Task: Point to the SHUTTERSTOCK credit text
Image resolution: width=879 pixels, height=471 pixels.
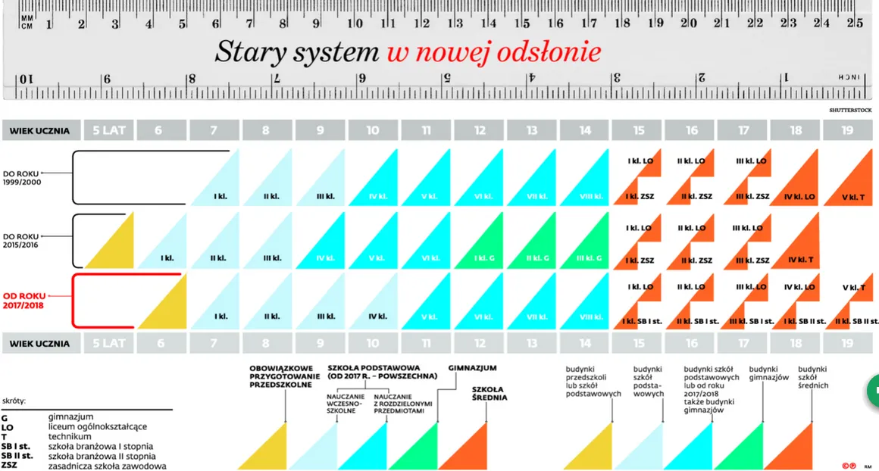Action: point(850,111)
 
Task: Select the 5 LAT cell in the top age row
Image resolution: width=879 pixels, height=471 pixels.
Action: point(110,130)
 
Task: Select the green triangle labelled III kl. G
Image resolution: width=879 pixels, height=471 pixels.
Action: point(589,258)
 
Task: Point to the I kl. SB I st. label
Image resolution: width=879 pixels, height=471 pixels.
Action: point(641,321)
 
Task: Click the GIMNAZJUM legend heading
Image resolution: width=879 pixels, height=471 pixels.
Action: point(472,368)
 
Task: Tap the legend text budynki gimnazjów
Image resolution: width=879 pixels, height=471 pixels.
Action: point(770,372)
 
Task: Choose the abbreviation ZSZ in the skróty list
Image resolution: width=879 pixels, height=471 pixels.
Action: point(9,466)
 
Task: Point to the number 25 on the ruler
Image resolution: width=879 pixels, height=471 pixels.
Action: point(854,23)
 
